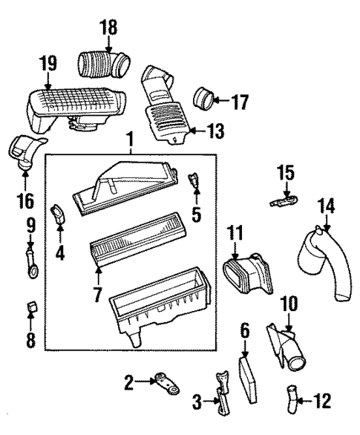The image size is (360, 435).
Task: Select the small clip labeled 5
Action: (x=195, y=180)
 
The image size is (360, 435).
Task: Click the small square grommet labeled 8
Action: (x=30, y=307)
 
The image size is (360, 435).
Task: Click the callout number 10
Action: (x=289, y=304)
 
